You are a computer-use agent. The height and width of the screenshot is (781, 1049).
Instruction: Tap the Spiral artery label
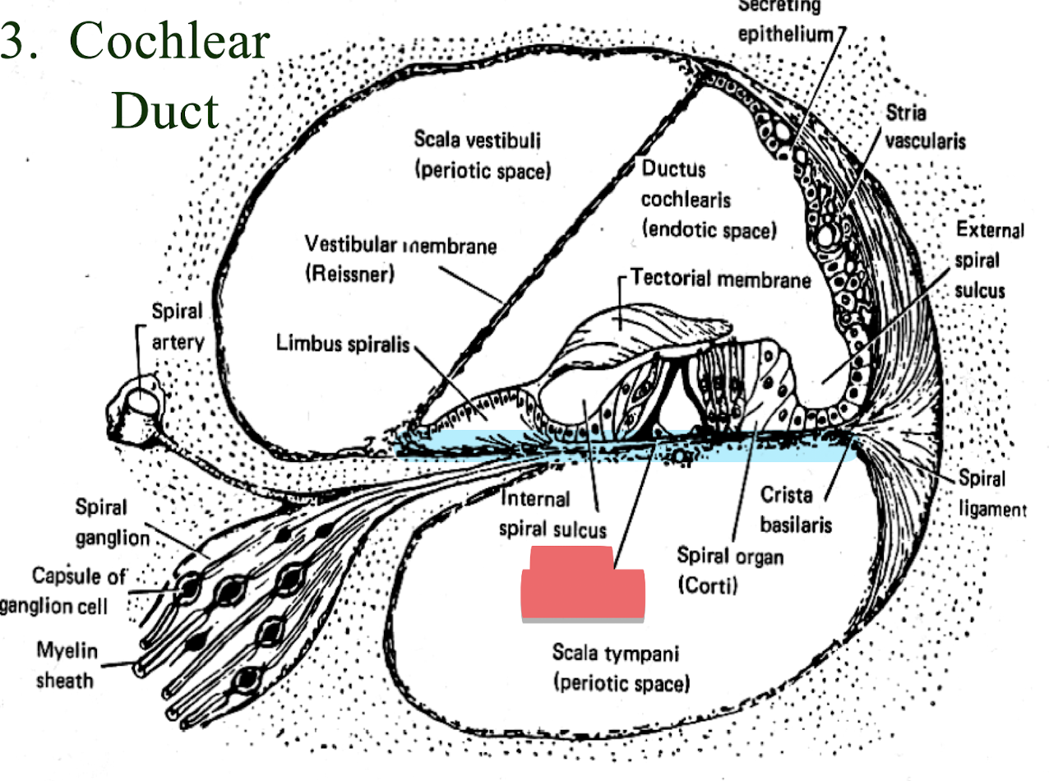tap(176, 326)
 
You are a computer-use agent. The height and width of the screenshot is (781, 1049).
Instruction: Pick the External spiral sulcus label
tap(988, 261)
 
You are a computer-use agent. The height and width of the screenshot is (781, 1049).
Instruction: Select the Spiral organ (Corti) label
tap(730, 571)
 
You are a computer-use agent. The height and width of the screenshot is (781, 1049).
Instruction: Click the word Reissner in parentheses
tap(349, 274)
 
